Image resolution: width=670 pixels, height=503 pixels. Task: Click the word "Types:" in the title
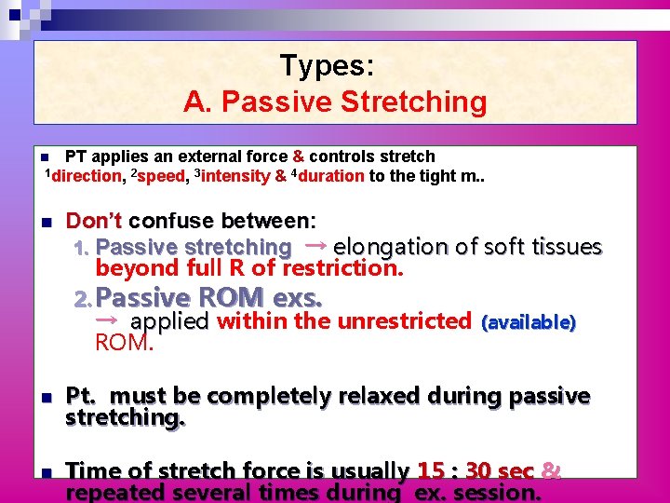[327, 66]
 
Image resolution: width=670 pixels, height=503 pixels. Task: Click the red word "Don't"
[94, 222]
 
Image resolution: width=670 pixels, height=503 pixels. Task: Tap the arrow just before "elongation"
[315, 245]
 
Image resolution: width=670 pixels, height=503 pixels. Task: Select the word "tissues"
[567, 247]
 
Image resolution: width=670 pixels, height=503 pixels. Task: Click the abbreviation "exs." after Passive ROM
[297, 298]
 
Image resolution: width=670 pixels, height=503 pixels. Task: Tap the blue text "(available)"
[529, 323]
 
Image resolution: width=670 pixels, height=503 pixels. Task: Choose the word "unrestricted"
[404, 321]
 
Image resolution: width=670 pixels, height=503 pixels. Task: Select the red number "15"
[431, 471]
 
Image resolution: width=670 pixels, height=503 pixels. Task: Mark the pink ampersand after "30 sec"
[550, 471]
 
